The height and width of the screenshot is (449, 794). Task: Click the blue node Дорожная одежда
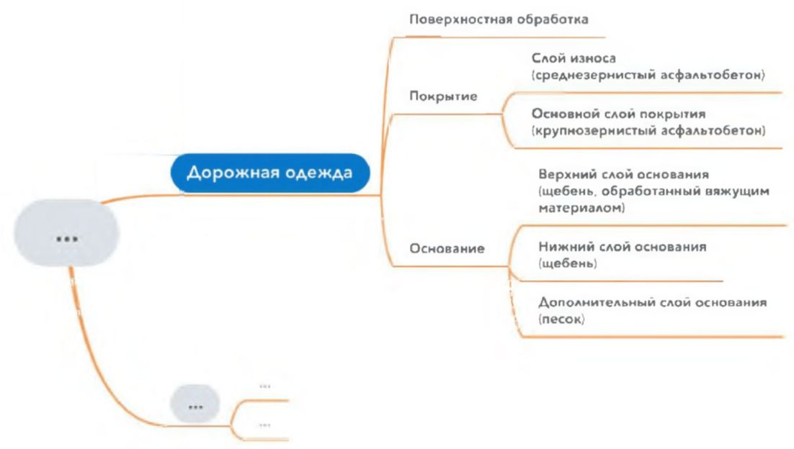[x=269, y=173]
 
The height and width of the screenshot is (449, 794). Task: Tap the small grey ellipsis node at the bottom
[x=195, y=404]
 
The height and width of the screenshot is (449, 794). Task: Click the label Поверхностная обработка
[x=499, y=19]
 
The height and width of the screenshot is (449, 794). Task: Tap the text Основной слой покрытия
[x=617, y=114]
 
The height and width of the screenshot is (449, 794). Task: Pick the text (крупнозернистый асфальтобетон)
[x=648, y=130]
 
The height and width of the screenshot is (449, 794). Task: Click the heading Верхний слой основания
[x=625, y=175]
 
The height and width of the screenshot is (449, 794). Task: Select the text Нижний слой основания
[x=623, y=246]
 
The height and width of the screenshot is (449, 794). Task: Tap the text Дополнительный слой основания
[x=652, y=302]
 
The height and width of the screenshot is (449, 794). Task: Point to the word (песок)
[x=560, y=319]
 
